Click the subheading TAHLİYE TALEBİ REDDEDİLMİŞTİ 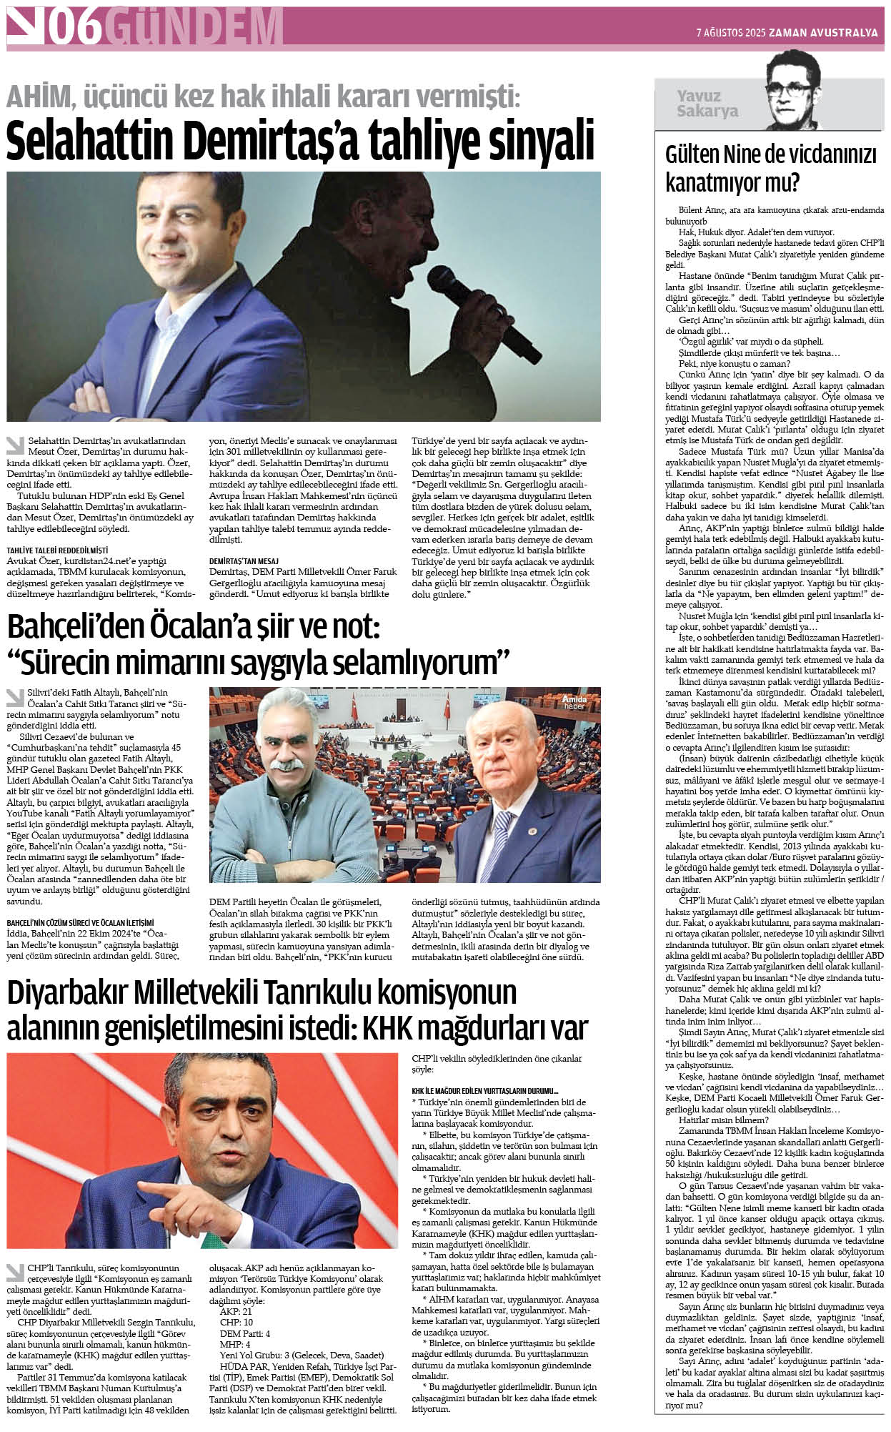point(57,550)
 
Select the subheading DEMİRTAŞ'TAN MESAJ point(244,561)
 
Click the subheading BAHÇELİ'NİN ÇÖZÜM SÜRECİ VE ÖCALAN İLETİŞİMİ point(80,923)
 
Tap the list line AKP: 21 point(236,1312)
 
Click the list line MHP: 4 point(234,1344)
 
